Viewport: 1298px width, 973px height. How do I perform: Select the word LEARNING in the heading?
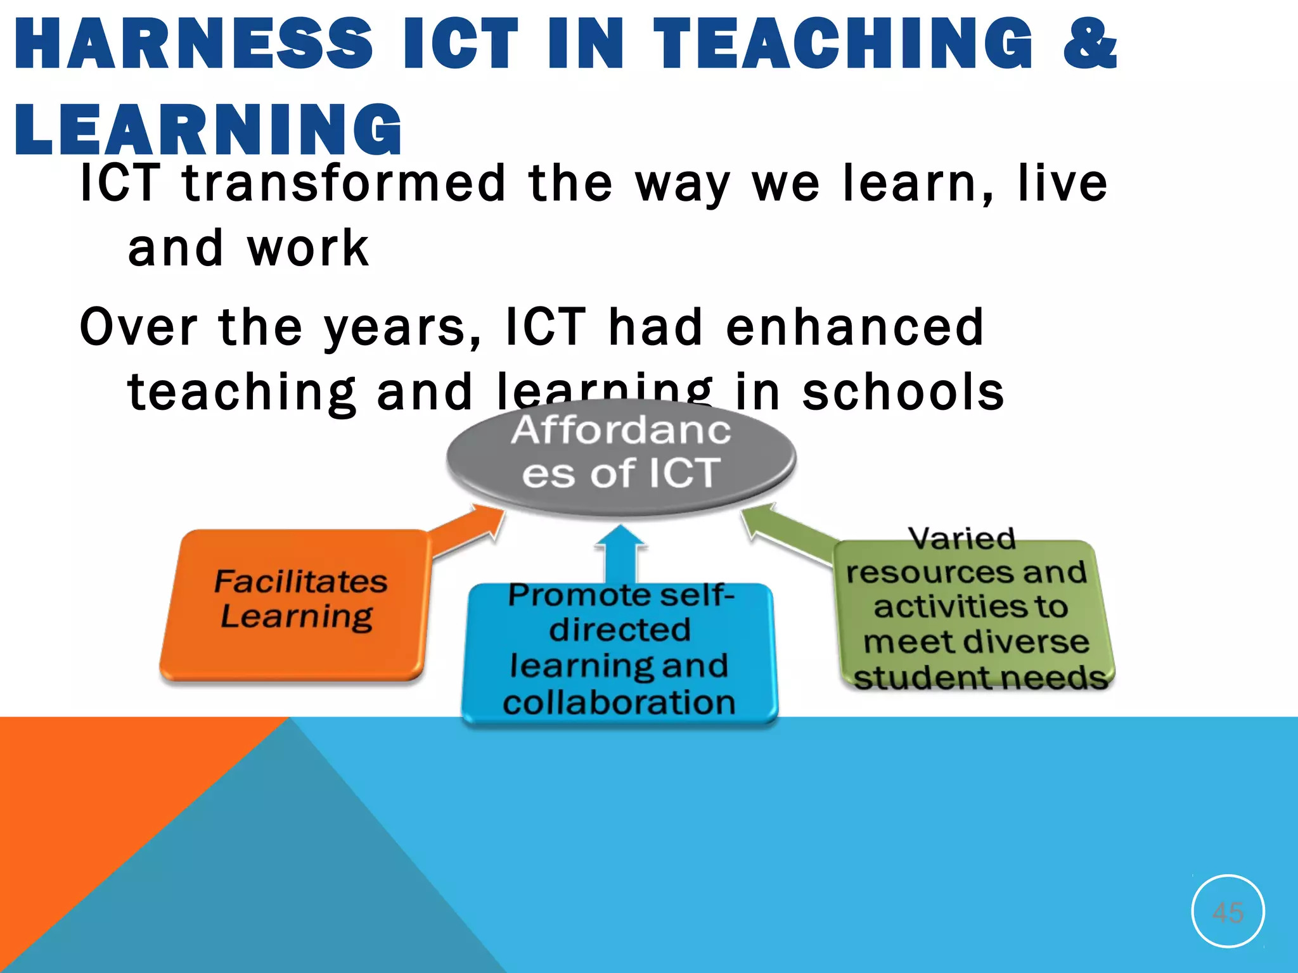pyautogui.click(x=208, y=130)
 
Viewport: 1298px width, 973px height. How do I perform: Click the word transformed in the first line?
pyautogui.click(x=344, y=184)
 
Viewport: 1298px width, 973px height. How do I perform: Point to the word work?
pyautogui.click(x=308, y=248)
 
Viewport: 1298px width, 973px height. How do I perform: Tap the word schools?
pyautogui.click(x=903, y=392)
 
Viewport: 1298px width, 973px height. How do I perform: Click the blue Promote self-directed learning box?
pyautogui.click(x=620, y=652)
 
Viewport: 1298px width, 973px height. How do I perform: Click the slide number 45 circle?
pyautogui.click(x=1228, y=911)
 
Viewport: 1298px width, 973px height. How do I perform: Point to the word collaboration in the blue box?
pyautogui.click(x=619, y=703)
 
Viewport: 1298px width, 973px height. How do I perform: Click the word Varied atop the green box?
pyautogui.click(x=962, y=538)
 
